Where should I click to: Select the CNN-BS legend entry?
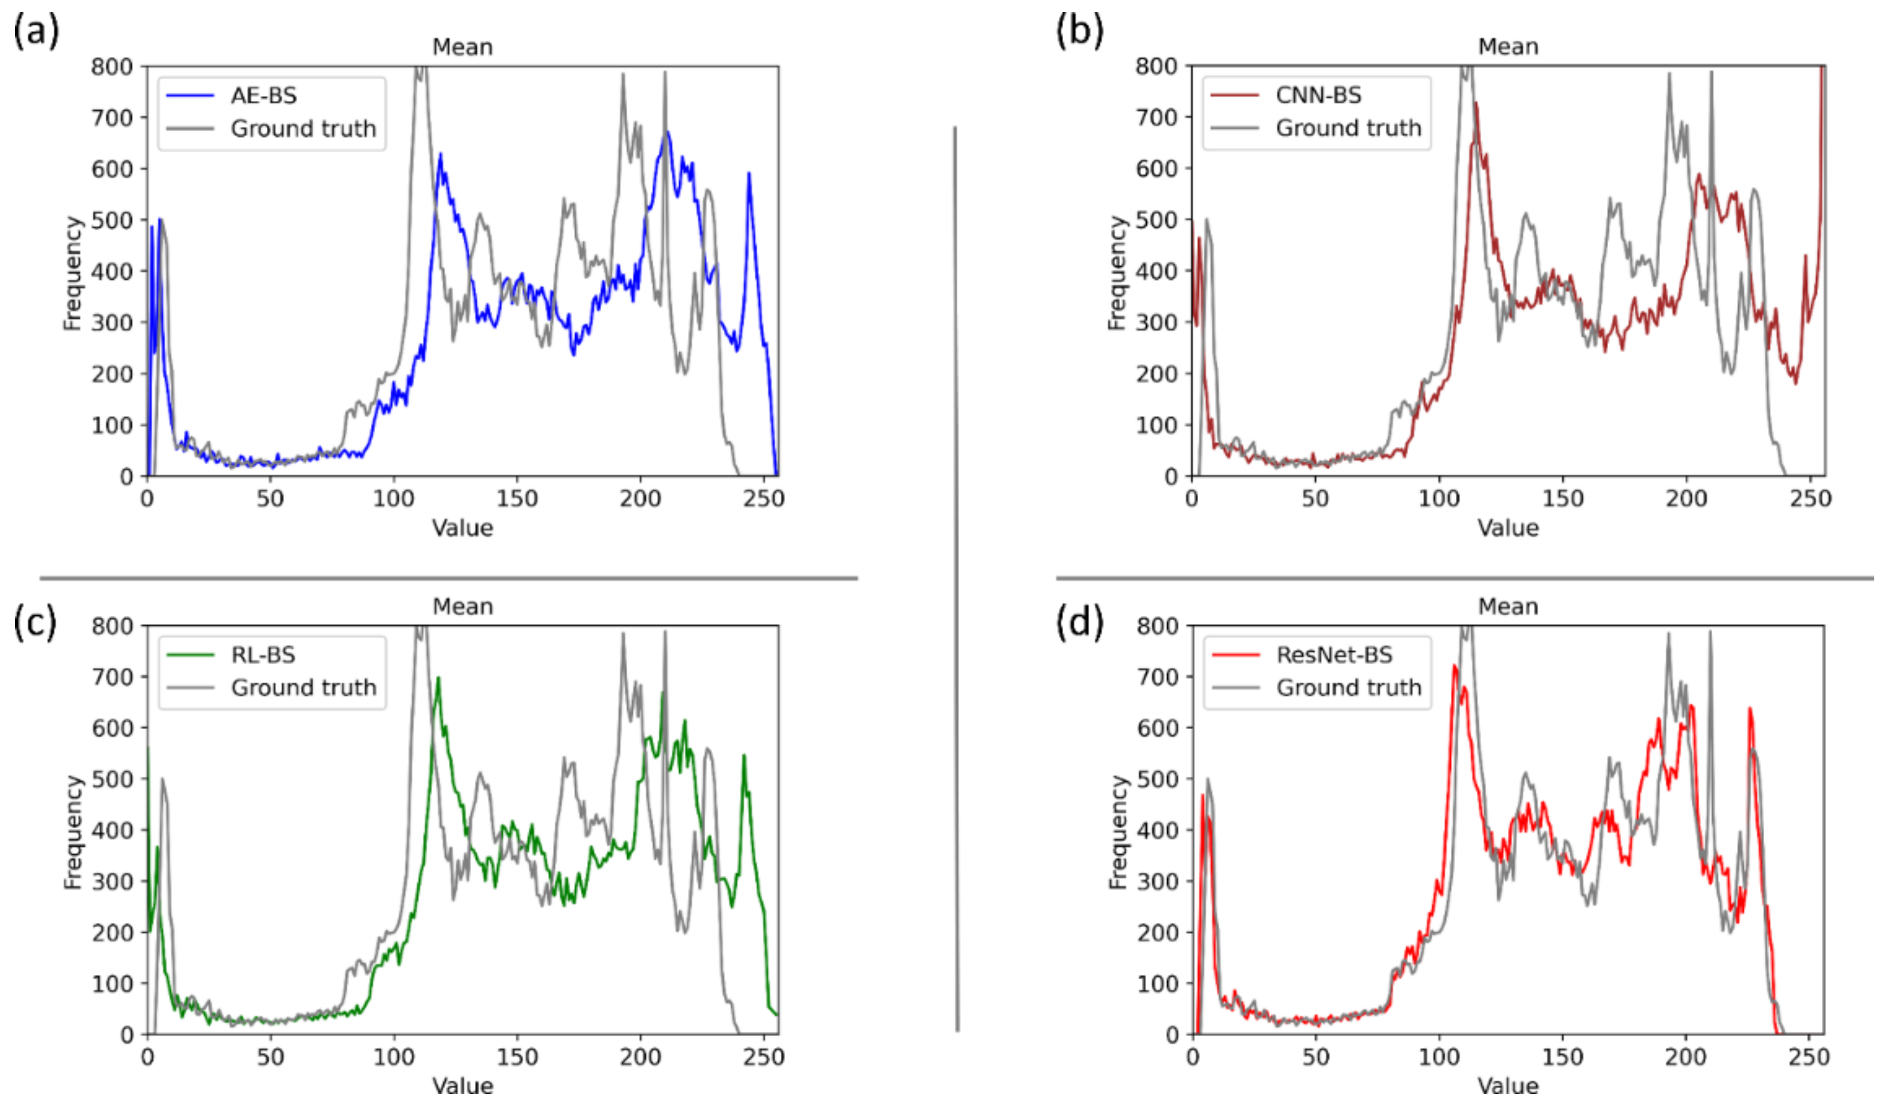pyautogui.click(x=1318, y=95)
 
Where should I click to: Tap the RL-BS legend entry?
pyautogui.click(x=263, y=655)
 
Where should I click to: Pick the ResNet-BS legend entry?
pyautogui.click(x=1334, y=655)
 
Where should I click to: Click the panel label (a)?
pyautogui.click(x=36, y=31)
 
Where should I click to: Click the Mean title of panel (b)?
pyautogui.click(x=1507, y=47)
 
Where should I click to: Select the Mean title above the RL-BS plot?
pyautogui.click(x=463, y=606)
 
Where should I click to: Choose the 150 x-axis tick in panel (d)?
pyautogui.click(x=1563, y=1058)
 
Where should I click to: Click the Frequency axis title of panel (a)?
pyautogui.click(x=72, y=273)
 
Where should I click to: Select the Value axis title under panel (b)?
pyautogui.click(x=1507, y=528)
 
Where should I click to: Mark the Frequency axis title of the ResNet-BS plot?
pyautogui.click(x=1117, y=832)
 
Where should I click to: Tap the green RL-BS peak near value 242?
pyautogui.click(x=743, y=756)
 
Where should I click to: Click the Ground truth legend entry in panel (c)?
pyautogui.click(x=303, y=688)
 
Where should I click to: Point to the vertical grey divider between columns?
pyautogui.click(x=956, y=577)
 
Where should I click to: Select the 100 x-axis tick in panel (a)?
pyautogui.click(x=394, y=499)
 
